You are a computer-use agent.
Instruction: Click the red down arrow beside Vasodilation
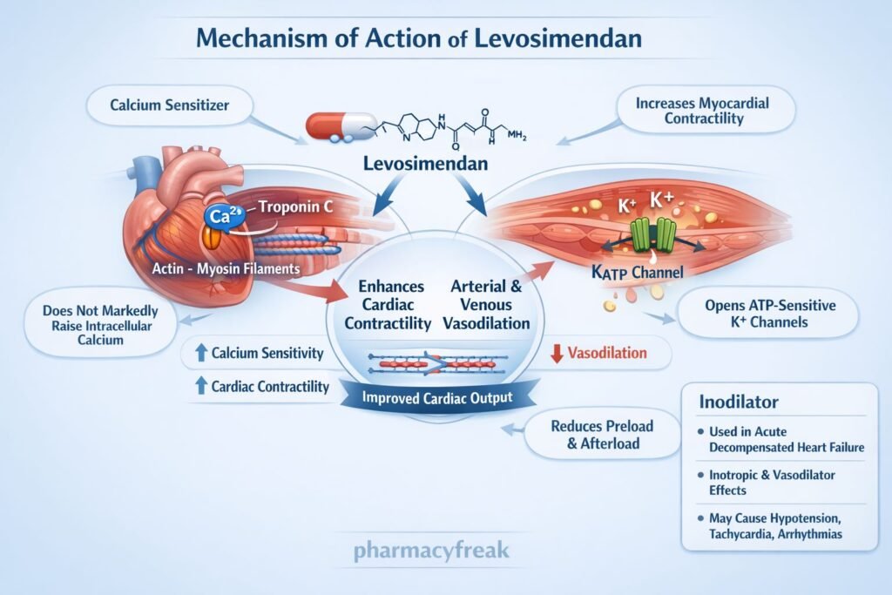(557, 353)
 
